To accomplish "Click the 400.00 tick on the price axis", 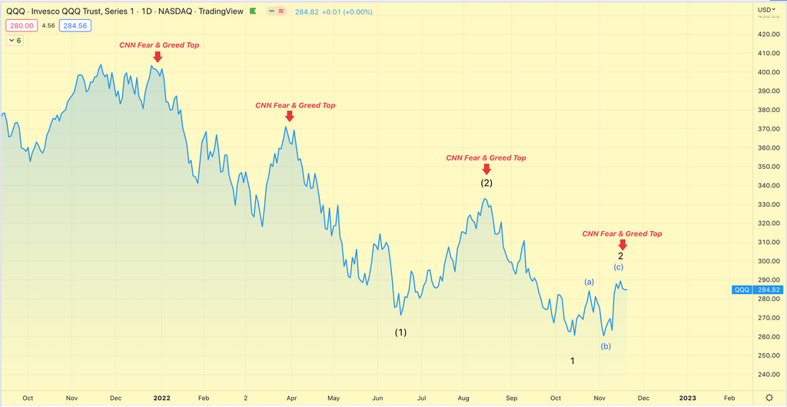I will (x=768, y=72).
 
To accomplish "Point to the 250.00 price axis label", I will (x=768, y=356).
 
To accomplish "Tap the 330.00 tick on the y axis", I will (x=768, y=204).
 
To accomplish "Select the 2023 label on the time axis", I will (x=687, y=398).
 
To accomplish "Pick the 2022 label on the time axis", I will (x=161, y=398).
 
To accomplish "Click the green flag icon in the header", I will (x=254, y=12).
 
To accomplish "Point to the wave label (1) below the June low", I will (x=400, y=333).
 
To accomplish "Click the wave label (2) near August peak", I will (x=486, y=183).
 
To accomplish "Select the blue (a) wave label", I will (x=589, y=282).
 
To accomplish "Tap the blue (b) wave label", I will (x=606, y=346).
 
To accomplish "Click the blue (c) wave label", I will (x=618, y=266).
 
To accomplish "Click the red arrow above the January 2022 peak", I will (x=158, y=57).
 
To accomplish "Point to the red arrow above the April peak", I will (x=289, y=116).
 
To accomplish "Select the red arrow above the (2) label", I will (x=486, y=169).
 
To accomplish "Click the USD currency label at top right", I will (x=765, y=10).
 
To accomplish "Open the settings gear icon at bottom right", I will (x=769, y=398).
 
